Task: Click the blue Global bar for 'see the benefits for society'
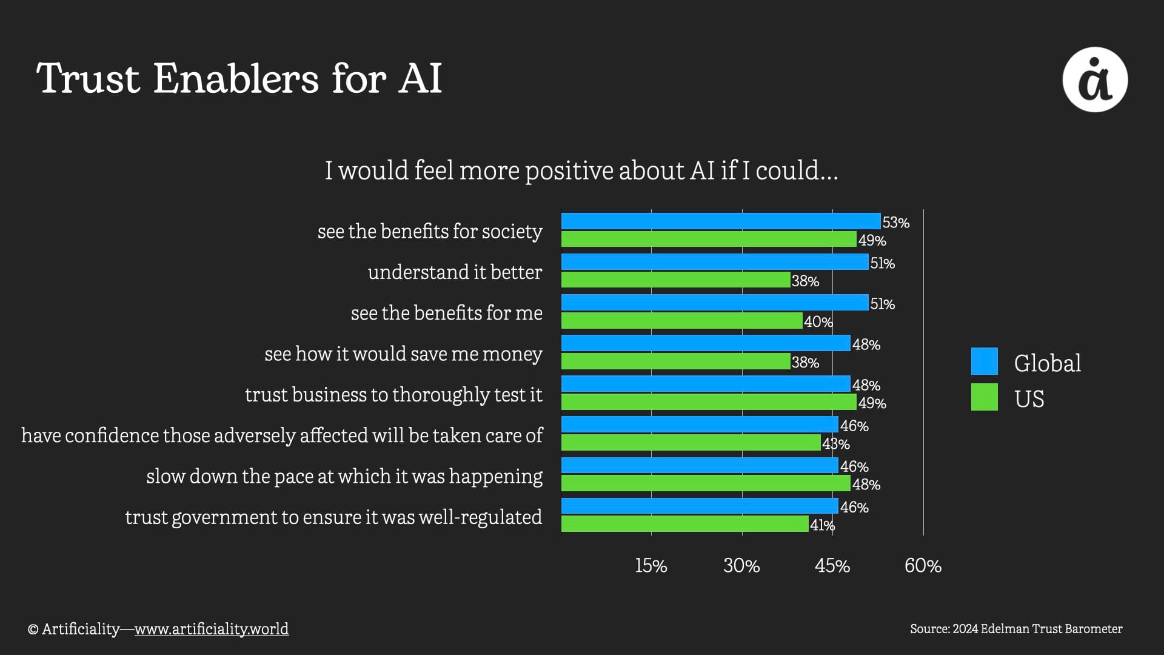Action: pos(720,221)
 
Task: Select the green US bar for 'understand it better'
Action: pos(675,280)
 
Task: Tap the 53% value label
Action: pos(895,223)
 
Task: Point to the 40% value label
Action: pos(818,322)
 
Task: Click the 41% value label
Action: pos(822,525)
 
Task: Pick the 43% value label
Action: pos(835,444)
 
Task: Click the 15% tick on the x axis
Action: pos(651,566)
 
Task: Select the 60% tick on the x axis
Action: pos(923,566)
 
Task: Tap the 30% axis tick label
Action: pos(741,566)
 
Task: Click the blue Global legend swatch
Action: pos(984,361)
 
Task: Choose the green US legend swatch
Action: pos(984,397)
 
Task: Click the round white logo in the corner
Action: pos(1095,79)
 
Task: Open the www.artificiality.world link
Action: pos(211,629)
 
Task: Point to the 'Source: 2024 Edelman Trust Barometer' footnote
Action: pos(1015,629)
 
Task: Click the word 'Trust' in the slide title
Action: pos(89,79)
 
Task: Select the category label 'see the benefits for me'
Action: pos(446,313)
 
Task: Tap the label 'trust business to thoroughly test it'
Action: pos(393,395)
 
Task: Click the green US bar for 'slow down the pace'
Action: pos(706,483)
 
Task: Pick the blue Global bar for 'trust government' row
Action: pos(700,506)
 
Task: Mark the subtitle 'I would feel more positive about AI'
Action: pos(581,170)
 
